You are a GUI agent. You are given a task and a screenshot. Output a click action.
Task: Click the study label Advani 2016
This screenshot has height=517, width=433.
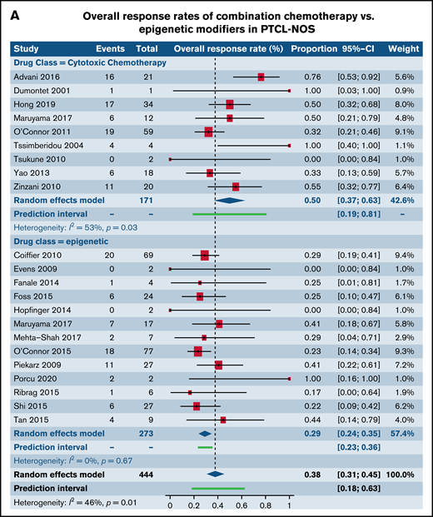pyautogui.click(x=36, y=76)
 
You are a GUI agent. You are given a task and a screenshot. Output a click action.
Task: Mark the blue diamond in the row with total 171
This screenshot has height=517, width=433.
pyautogui.click(x=231, y=201)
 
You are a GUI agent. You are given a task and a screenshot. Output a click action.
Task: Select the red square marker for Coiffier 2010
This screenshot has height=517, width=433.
pyautogui.click(x=205, y=256)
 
